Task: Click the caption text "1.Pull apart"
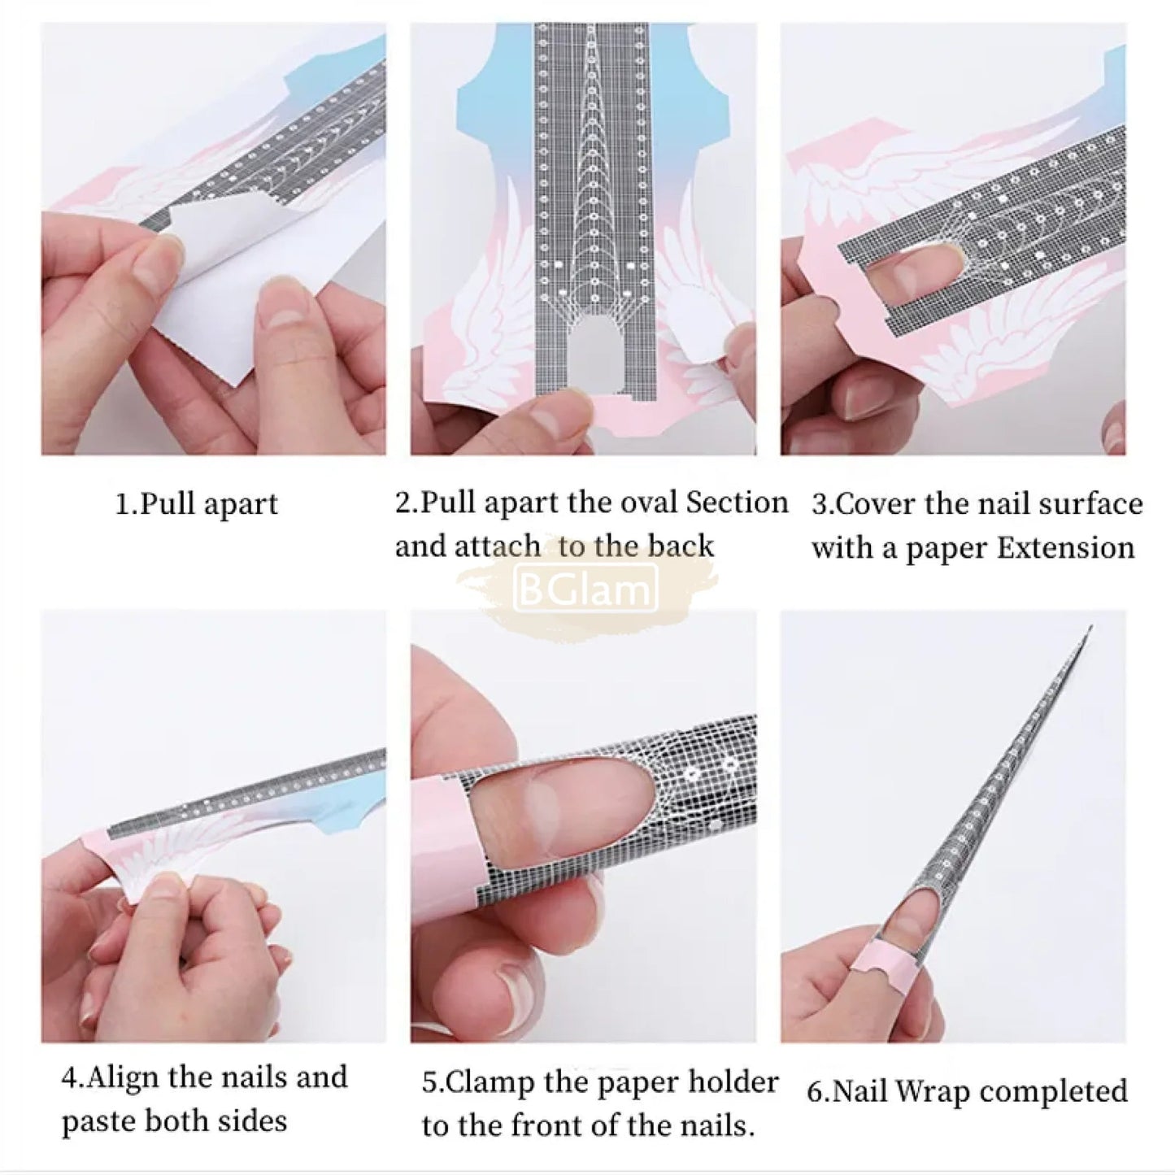(196, 504)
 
